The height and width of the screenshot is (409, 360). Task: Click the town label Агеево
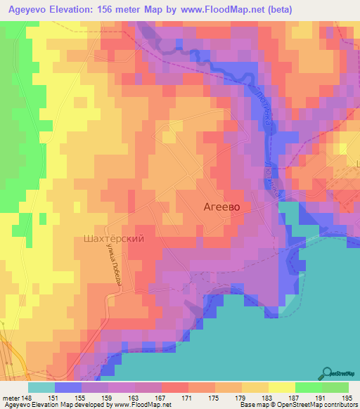pyautogui.click(x=221, y=207)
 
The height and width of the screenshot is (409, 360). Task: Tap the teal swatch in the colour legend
pyautogui.click(x=41, y=387)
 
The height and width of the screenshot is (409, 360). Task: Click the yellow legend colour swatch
pyautogui.click(x=281, y=387)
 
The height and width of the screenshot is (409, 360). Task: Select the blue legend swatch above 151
pyautogui.click(x=68, y=387)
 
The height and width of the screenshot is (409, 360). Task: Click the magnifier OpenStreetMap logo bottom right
pyautogui.click(x=328, y=373)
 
